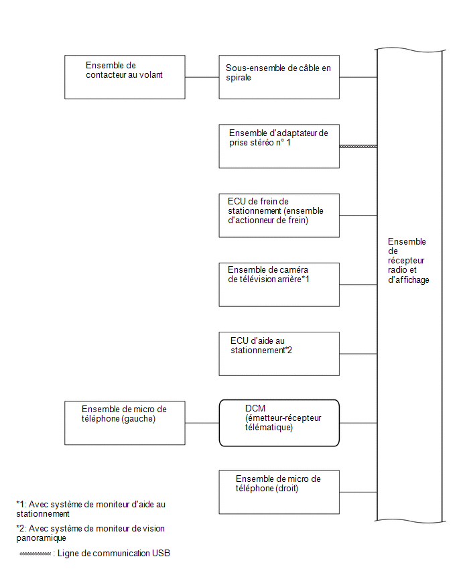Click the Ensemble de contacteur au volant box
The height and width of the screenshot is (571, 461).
tap(125, 77)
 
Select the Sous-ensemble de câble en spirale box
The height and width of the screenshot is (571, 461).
tap(279, 77)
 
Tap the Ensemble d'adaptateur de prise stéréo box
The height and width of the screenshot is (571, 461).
tap(279, 146)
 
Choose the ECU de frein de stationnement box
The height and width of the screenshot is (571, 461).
tap(279, 215)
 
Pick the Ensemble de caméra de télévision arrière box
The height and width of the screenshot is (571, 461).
tap(279, 284)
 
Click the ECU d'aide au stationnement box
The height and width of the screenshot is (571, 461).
tap(279, 354)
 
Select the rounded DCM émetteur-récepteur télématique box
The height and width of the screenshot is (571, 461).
tap(279, 423)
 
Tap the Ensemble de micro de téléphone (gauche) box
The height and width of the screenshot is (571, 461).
tap(125, 423)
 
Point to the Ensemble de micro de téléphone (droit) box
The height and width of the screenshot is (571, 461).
tap(279, 492)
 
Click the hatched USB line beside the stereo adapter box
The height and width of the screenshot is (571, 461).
tap(358, 146)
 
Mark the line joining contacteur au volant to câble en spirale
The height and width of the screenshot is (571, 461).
tap(202, 77)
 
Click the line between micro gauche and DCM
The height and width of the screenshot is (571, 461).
tap(202, 423)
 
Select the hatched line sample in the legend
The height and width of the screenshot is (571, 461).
tap(35, 554)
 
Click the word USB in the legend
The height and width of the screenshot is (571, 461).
tap(161, 553)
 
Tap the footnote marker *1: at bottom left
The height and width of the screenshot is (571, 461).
tap(21, 505)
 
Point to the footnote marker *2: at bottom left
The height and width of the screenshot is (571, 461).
tap(21, 528)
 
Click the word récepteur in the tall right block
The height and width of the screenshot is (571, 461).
tap(406, 261)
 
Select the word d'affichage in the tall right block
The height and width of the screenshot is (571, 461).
tap(409, 279)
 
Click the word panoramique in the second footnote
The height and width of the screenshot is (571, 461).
tap(41, 538)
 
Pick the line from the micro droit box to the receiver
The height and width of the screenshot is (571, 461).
tap(358, 493)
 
